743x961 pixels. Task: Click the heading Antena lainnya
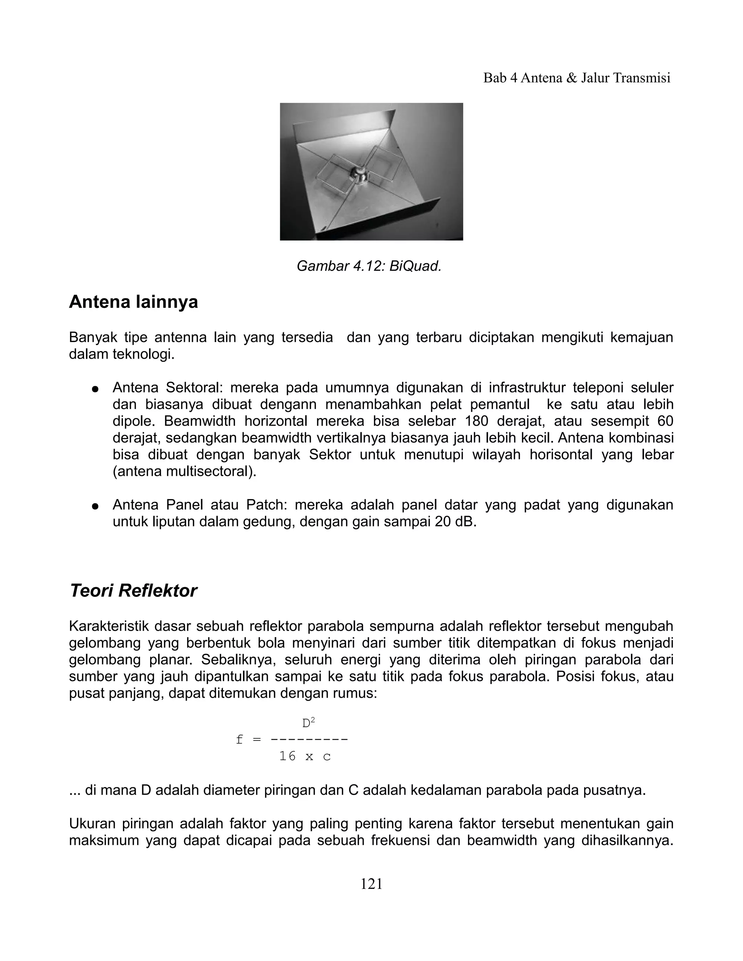coord(134,302)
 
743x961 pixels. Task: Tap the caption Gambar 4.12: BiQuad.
coord(369,266)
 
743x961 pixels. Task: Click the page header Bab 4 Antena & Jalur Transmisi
coord(576,78)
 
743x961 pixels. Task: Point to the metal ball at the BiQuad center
coord(360,175)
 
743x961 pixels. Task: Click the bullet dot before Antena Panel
coord(95,506)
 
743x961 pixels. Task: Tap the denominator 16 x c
coord(305,757)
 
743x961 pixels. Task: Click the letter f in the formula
coord(239,740)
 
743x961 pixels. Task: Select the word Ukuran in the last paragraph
coord(91,824)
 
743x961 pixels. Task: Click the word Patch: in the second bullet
coord(267,505)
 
